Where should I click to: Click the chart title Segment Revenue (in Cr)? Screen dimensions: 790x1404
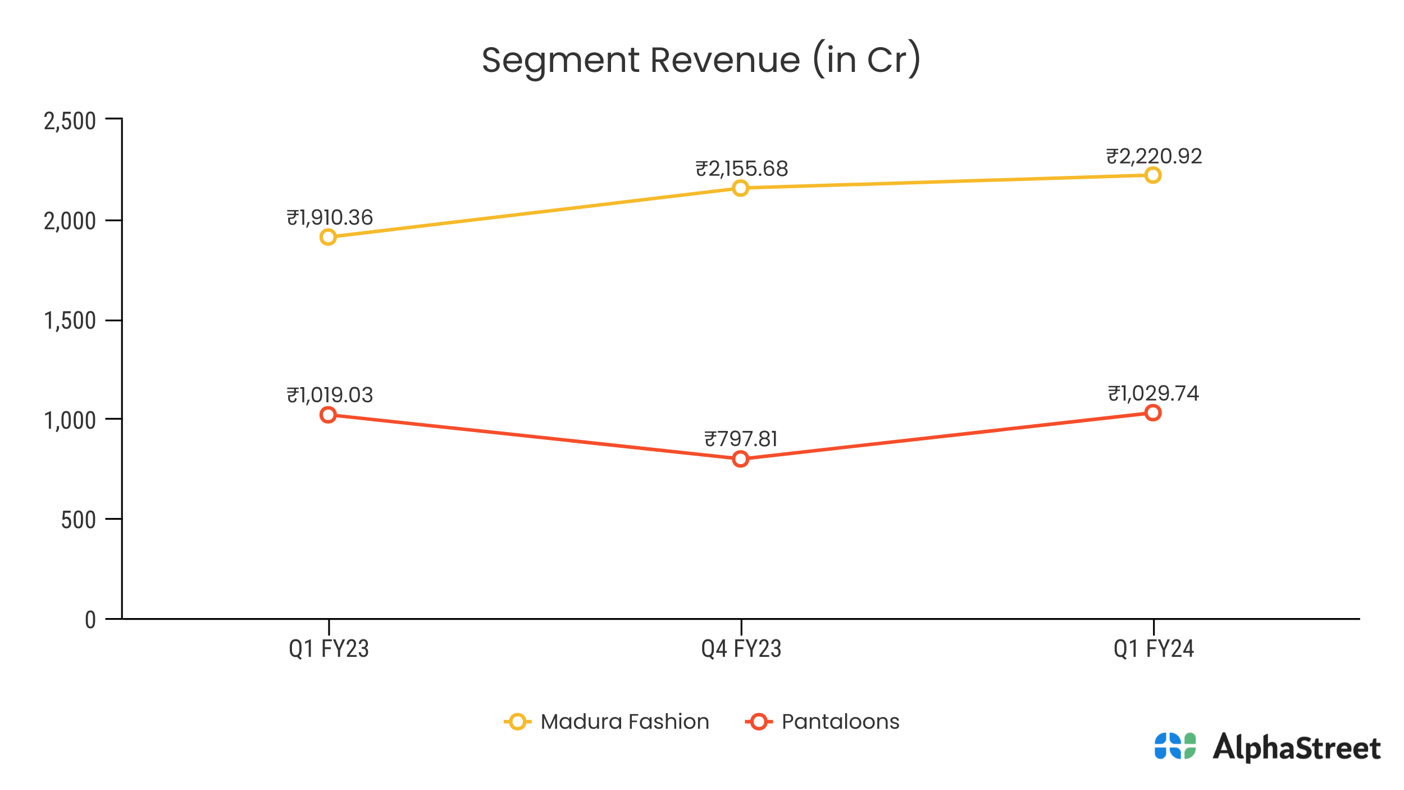click(701, 60)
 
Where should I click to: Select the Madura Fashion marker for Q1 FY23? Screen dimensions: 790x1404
click(328, 237)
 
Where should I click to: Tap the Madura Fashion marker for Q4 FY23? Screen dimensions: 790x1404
click(741, 188)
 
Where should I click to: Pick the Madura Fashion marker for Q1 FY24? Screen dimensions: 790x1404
click(1153, 175)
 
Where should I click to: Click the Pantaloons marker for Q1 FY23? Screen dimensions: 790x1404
click(328, 415)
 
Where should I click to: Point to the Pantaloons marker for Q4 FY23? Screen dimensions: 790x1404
click(741, 459)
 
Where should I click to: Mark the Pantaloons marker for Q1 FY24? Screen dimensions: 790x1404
click(1153, 413)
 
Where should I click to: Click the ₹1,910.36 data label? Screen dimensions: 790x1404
click(330, 217)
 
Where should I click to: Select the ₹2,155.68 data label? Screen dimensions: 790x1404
click(741, 169)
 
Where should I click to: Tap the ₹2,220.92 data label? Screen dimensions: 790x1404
click(1154, 156)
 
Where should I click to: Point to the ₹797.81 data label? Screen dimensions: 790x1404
click(741, 439)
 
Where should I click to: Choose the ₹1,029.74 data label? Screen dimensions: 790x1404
click(1153, 393)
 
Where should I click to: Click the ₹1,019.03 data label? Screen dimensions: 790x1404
click(330, 395)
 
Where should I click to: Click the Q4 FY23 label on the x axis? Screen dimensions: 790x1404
click(741, 649)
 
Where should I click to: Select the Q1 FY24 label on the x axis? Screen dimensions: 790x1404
click(1154, 649)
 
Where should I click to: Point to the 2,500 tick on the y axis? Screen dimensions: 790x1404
click(70, 121)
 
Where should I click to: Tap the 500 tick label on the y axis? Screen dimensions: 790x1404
click(78, 520)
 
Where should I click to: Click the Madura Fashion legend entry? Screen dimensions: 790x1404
click(607, 721)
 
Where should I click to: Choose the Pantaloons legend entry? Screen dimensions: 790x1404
click(822, 721)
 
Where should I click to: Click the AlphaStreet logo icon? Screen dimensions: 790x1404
click(1175, 746)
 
